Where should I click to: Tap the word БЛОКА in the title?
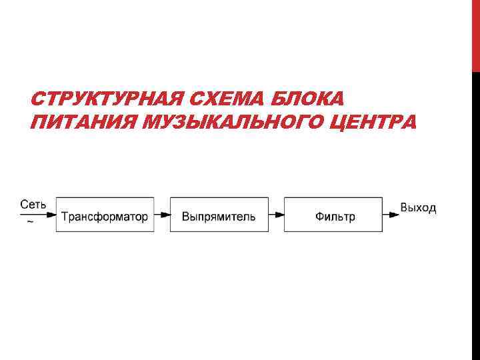tap(310, 100)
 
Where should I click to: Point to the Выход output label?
tap(419, 208)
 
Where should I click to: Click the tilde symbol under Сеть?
tap(29, 224)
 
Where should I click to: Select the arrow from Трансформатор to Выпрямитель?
tap(162, 215)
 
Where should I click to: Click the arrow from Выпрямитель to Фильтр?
tap(277, 215)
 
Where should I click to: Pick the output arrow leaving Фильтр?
tap(391, 215)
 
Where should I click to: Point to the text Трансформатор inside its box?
tap(105, 217)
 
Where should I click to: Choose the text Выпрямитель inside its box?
tap(219, 217)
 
